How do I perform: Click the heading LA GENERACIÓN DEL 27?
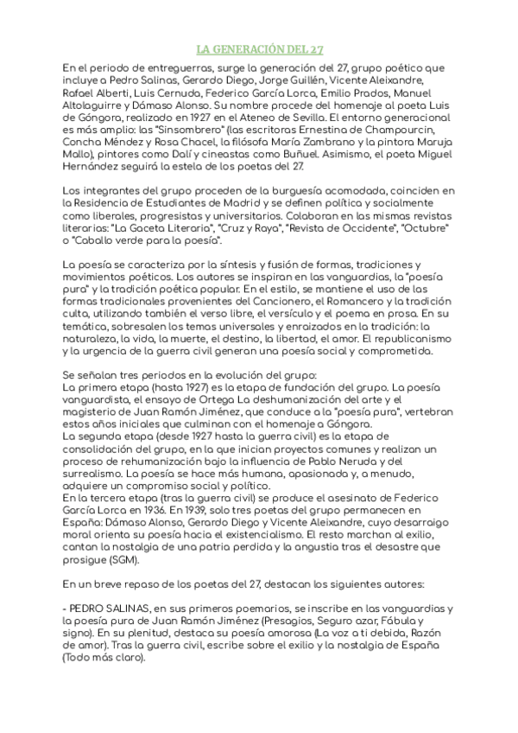coord(259,49)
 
